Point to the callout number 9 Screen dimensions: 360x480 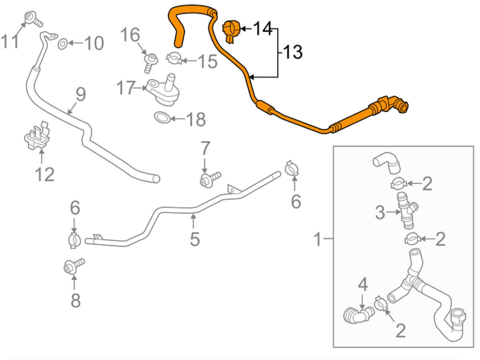[80, 95]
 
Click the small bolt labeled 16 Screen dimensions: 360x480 [150, 61]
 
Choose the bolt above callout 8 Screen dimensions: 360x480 [72, 267]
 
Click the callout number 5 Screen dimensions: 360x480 [195, 239]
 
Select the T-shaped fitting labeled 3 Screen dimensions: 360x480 [406, 210]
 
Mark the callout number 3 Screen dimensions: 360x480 [380, 212]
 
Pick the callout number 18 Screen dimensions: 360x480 [196, 119]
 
